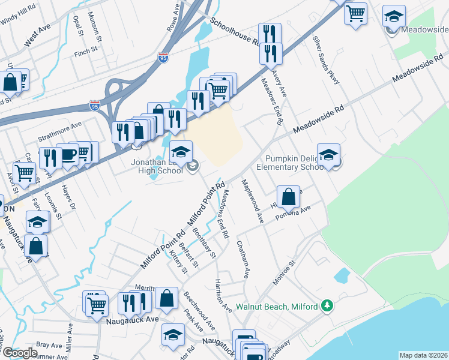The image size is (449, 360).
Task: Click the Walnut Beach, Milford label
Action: coord(276,307)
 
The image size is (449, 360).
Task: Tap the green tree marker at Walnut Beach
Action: coord(327,306)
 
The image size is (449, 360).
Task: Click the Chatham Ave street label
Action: coord(243,259)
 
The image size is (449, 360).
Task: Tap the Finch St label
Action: coord(82,52)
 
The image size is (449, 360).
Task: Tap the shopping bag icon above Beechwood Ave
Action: coord(166,297)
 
